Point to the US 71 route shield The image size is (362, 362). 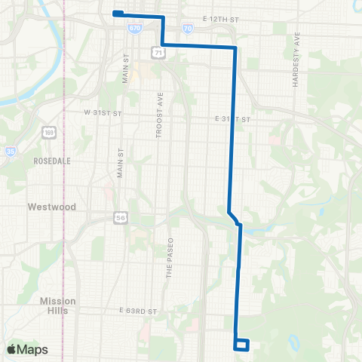[157, 52]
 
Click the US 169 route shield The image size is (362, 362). [48, 133]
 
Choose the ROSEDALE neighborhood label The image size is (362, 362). [52, 161]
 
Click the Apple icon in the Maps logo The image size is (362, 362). [11, 349]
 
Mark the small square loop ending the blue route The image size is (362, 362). [242, 345]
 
